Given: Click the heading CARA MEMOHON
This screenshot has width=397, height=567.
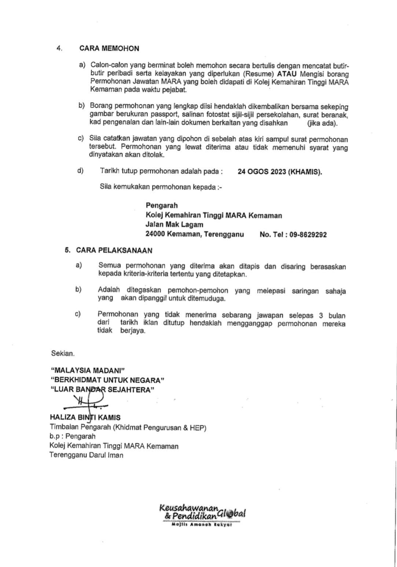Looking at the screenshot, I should coord(109,48).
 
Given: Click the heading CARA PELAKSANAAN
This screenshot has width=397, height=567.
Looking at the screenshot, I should coord(114,251).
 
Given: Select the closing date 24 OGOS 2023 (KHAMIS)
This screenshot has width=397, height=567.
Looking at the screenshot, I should coord(280,172).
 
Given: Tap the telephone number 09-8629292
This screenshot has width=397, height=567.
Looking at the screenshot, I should coord(308,235).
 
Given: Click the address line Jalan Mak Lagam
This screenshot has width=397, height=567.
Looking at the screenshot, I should coord(174,225).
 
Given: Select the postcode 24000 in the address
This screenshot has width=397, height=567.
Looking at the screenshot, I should coord(155,234).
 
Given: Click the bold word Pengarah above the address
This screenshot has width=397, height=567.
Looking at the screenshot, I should coord(161,205).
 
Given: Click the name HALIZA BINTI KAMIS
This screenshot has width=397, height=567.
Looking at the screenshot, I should coord(85,417).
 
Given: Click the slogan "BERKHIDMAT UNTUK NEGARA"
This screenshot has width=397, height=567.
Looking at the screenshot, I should coord(107,380).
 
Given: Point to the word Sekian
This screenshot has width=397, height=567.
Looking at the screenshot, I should coord(63,354).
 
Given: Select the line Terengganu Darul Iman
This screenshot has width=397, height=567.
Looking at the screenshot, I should coord(87,455).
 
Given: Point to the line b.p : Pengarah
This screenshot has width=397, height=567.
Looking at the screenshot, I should coord(72,436).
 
